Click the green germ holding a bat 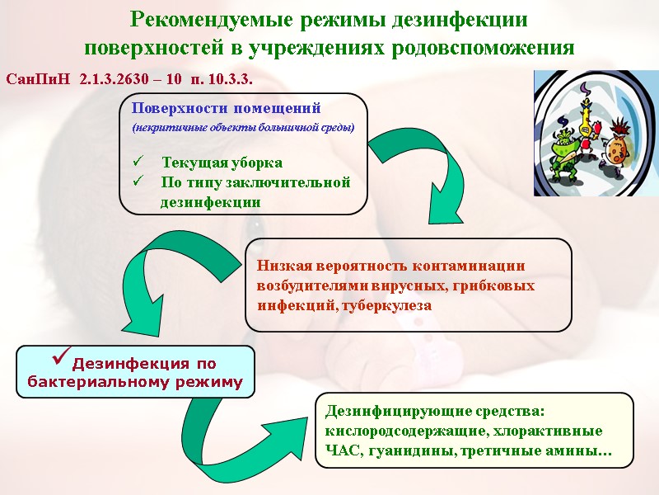tap(564, 153)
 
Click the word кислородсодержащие tap(399, 431)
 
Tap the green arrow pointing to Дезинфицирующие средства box tap(239, 437)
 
